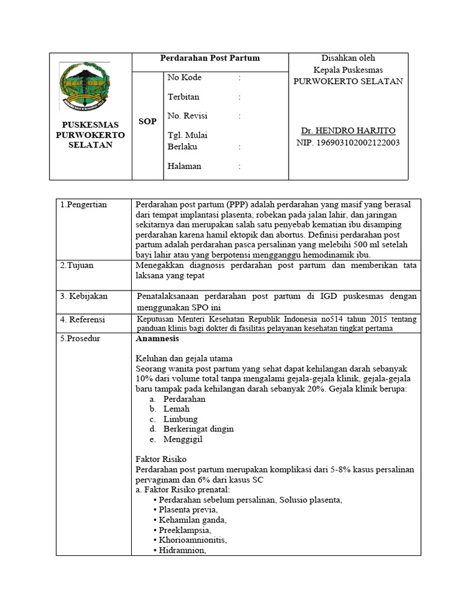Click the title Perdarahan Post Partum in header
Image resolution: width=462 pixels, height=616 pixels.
pos(209,58)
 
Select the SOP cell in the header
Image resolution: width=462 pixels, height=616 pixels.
pos(147,122)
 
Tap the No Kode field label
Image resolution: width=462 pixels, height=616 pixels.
pos(184,78)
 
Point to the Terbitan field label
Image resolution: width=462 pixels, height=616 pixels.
pos(183,97)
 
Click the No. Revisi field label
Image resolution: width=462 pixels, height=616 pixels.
pos(187,115)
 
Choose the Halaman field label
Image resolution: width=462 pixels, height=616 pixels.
pos(184,166)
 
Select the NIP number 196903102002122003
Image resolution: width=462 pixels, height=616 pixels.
pos(348,143)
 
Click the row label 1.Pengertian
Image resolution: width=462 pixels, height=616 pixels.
pos(84,205)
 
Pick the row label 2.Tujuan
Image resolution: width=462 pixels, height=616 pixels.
pos(76,265)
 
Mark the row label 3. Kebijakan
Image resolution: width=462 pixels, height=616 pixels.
pos(82,297)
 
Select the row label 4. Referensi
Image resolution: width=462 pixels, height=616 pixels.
pos(83,319)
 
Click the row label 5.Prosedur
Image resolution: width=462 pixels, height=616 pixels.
pos(81,339)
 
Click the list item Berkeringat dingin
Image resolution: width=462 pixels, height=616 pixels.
pos(199,429)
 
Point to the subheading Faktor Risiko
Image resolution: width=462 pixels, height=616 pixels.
pos(161,459)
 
